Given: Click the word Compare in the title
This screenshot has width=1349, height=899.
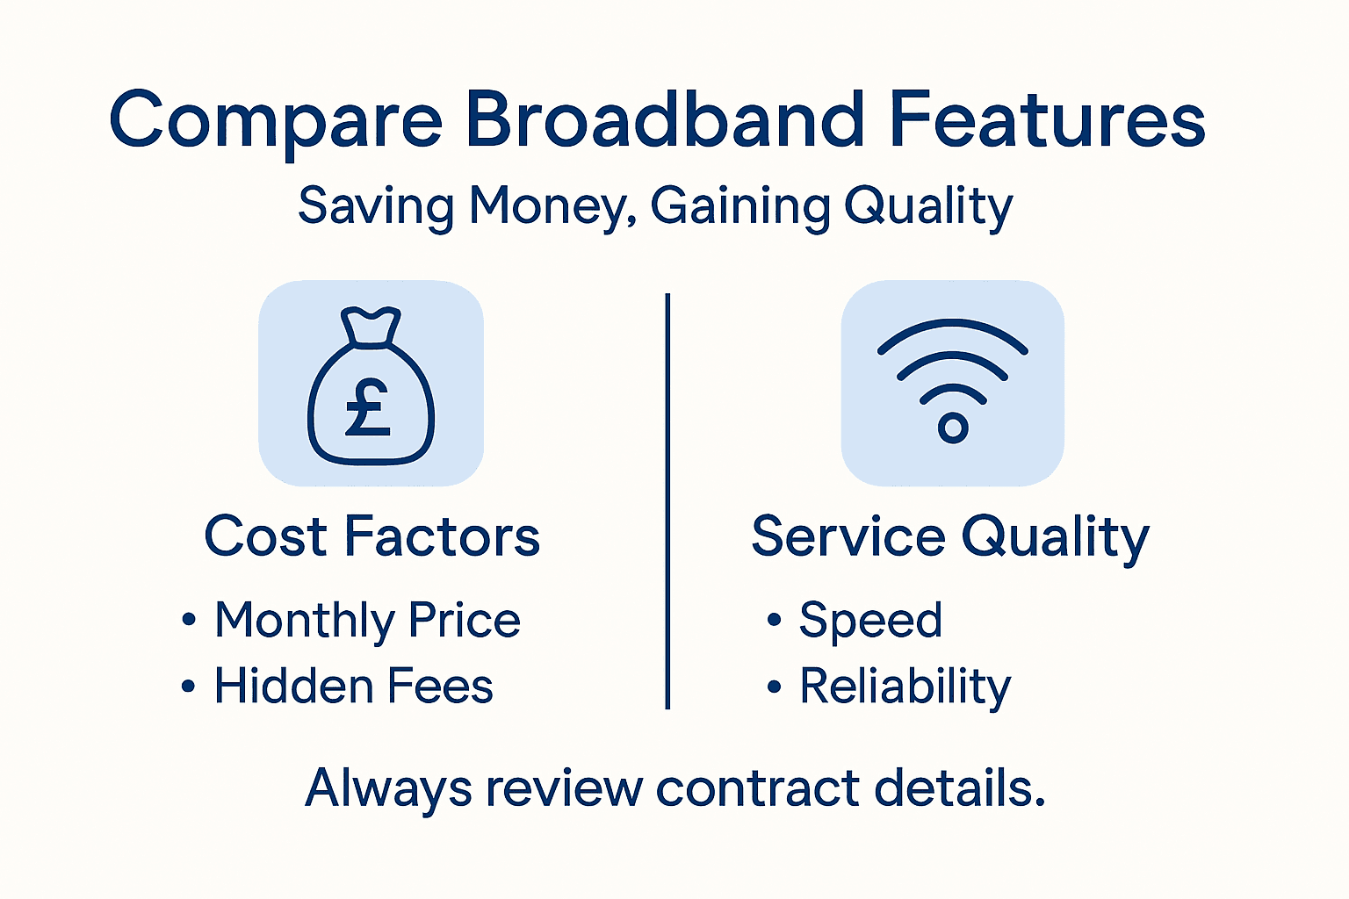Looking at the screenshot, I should [x=276, y=120].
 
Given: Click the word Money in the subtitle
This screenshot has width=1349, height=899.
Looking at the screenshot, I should [x=552, y=206].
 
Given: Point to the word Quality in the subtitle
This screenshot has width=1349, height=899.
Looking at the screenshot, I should [x=928, y=208].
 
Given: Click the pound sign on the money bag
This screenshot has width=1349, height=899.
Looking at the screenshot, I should [x=367, y=408].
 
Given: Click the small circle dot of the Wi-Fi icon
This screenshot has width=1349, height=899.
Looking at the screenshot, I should [x=953, y=428].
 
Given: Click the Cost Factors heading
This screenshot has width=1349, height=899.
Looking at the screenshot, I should [x=372, y=536].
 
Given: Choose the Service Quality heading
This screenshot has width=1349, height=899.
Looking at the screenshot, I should [x=950, y=537].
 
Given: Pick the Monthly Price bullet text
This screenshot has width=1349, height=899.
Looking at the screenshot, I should [x=367, y=622].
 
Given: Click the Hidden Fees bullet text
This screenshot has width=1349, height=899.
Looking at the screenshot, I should [x=353, y=687].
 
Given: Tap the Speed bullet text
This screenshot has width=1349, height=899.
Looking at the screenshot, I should [x=870, y=622].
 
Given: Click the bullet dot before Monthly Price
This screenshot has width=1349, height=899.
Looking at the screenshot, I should [x=189, y=621].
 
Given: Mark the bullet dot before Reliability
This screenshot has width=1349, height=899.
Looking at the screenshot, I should [x=774, y=687].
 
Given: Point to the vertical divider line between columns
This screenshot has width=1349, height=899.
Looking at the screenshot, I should [x=667, y=500].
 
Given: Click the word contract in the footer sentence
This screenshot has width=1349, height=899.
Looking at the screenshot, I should [x=758, y=788].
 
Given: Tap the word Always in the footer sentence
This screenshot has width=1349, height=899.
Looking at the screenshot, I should [x=388, y=788].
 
